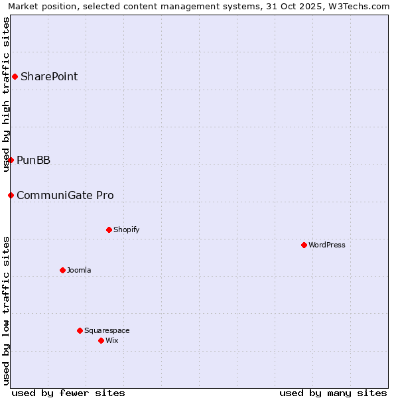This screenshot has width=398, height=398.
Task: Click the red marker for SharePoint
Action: tap(15, 76)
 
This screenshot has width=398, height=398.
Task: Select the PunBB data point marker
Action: tap(11, 160)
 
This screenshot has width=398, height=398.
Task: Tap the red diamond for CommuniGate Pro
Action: tap(11, 195)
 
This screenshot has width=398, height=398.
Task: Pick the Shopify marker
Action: tap(109, 230)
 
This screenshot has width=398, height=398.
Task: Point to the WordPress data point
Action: tap(304, 245)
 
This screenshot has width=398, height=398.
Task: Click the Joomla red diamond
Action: tap(62, 270)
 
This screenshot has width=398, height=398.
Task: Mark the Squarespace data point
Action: tap(80, 330)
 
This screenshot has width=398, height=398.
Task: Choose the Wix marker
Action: tap(101, 340)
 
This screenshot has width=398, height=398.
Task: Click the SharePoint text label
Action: tap(49, 76)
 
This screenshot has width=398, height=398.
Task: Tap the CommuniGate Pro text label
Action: tap(65, 195)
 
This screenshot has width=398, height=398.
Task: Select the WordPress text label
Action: tap(326, 245)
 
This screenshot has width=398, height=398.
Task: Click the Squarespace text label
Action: tap(107, 330)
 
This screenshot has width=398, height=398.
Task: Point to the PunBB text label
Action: tap(33, 160)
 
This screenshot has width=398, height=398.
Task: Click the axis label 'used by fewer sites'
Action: tap(68, 393)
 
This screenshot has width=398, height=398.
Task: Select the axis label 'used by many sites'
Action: tap(333, 393)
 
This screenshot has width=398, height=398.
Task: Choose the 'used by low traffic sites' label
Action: tap(6, 310)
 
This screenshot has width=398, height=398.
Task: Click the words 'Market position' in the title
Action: tap(39, 6)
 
